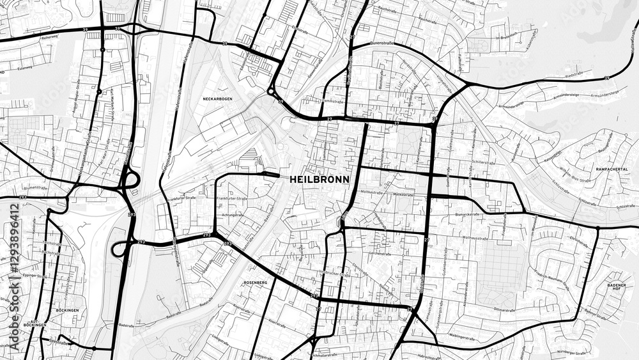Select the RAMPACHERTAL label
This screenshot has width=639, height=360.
pyautogui.click(x=611, y=169)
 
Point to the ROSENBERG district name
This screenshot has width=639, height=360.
pyautogui.click(x=255, y=281)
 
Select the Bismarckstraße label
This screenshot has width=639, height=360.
pyautogui.click(x=467, y=214)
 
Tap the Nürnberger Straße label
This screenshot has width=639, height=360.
pyautogui.click(x=573, y=352)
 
